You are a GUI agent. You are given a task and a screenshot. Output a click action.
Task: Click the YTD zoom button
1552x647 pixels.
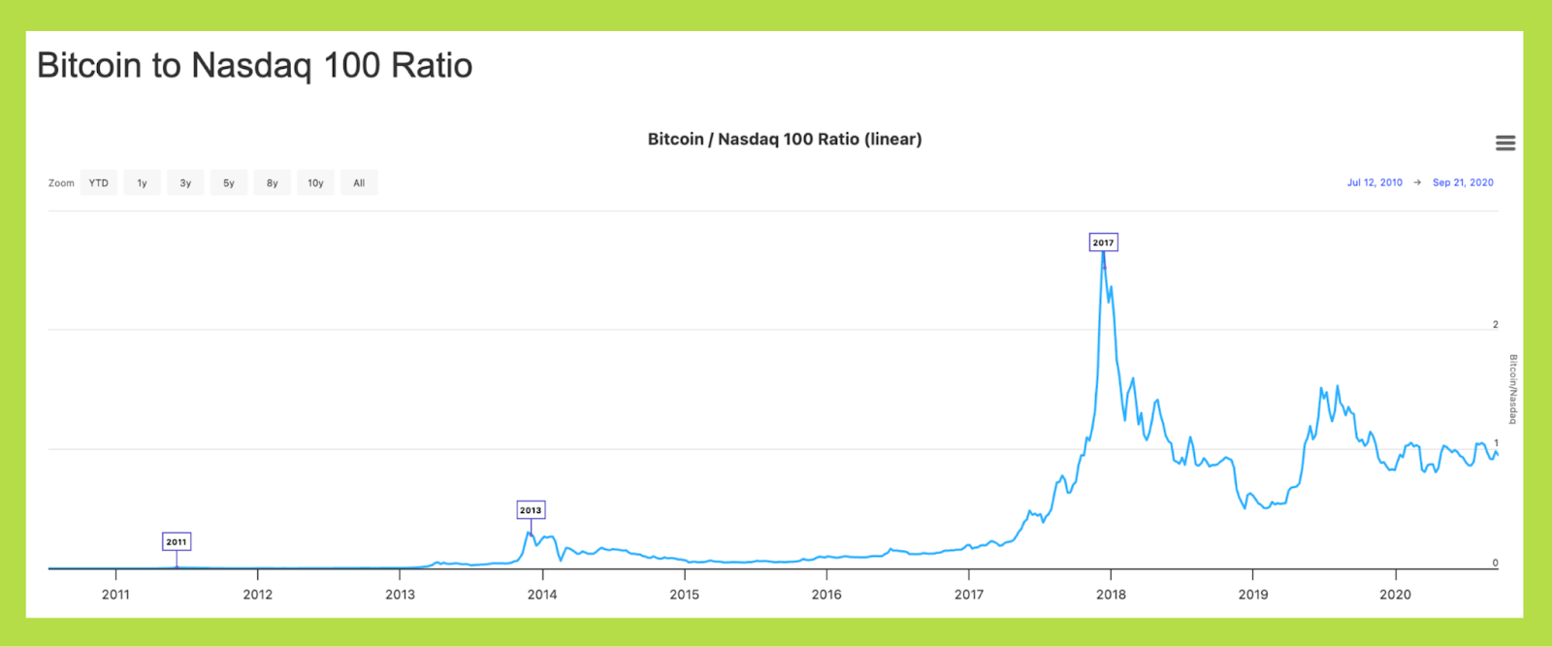pos(99,182)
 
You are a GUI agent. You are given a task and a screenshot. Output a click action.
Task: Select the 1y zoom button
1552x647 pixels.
pos(142,182)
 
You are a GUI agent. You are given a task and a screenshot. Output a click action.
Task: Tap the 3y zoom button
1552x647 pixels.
pos(185,182)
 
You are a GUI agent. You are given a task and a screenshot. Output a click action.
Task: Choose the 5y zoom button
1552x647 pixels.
pos(229,182)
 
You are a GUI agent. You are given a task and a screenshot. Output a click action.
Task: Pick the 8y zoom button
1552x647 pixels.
pos(273,182)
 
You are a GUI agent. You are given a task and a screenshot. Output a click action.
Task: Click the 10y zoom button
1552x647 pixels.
pos(315,182)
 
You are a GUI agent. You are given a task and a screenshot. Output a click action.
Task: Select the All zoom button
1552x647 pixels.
pos(359,182)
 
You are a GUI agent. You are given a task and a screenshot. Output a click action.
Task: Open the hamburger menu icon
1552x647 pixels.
pos(1505,144)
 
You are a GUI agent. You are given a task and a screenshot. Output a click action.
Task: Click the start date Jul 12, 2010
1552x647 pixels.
pos(1374,182)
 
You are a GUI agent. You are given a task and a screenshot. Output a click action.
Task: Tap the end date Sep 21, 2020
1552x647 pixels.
pos(1463,182)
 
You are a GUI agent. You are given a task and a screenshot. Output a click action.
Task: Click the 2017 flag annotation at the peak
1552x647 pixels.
pos(1103,243)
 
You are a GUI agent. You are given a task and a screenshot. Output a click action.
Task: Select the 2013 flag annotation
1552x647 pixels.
pos(531,510)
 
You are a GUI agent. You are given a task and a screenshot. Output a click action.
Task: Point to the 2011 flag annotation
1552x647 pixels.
pos(176,542)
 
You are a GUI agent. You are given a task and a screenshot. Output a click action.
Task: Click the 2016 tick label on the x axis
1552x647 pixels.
pos(826,595)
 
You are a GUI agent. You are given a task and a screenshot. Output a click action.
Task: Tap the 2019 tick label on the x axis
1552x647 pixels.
pos(1253,595)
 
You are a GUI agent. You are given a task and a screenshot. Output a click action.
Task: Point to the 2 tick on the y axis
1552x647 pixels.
pos(1496,325)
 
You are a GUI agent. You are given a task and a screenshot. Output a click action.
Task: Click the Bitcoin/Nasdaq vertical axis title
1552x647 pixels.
pos(1512,389)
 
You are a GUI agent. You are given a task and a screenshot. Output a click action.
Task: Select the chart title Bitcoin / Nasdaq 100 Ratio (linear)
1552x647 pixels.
pos(785,139)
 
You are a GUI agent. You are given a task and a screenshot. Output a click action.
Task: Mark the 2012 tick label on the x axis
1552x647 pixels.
pos(258,595)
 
